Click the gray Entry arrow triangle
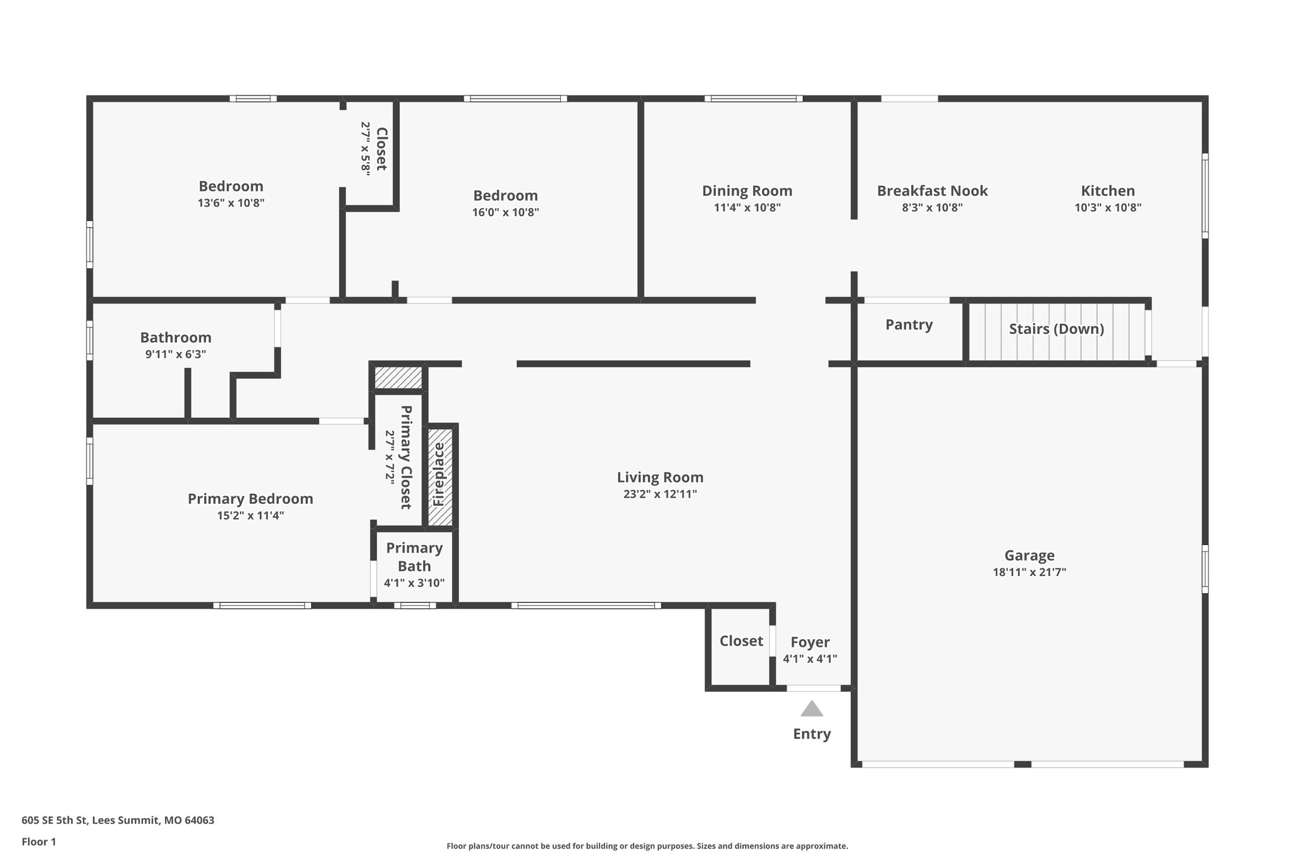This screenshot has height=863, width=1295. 811,709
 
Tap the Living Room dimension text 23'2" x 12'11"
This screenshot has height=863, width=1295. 660,494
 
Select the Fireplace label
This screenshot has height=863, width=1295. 438,474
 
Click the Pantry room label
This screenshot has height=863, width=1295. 909,325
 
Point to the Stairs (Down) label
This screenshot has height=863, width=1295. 1056,329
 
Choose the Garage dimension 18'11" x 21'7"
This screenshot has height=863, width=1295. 1029,573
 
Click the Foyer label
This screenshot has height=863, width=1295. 810,642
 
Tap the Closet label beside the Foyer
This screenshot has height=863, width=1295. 741,641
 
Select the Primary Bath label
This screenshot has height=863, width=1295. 414,557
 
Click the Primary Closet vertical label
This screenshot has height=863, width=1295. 406,457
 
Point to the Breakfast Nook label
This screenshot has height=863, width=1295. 932,191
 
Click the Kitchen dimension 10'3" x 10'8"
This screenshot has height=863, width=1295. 1107,207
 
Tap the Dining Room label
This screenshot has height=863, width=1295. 747,191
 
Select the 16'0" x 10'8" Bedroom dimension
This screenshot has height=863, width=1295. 505,212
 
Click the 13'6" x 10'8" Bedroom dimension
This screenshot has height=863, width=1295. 231,203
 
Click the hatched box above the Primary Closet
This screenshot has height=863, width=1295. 398,378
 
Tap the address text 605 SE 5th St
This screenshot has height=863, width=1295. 118,821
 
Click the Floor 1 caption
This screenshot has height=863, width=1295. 39,842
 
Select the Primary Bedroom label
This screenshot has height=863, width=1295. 250,499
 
